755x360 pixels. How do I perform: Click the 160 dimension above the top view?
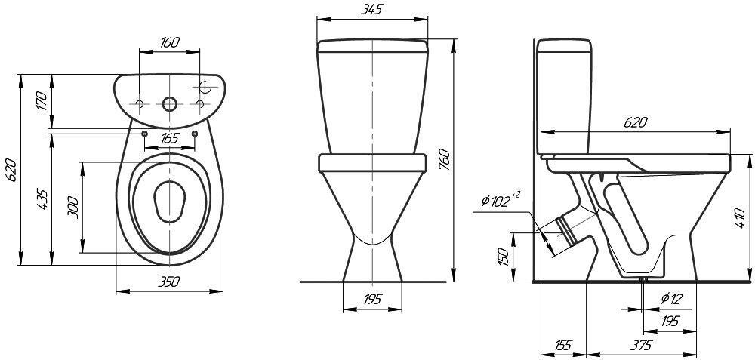[169, 42]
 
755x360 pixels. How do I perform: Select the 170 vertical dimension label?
[42, 100]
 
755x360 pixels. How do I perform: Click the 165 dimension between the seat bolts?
[169, 139]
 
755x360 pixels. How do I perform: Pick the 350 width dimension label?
[169, 282]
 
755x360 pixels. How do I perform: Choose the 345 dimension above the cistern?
[371, 10]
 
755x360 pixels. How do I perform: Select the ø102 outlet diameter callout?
[501, 200]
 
